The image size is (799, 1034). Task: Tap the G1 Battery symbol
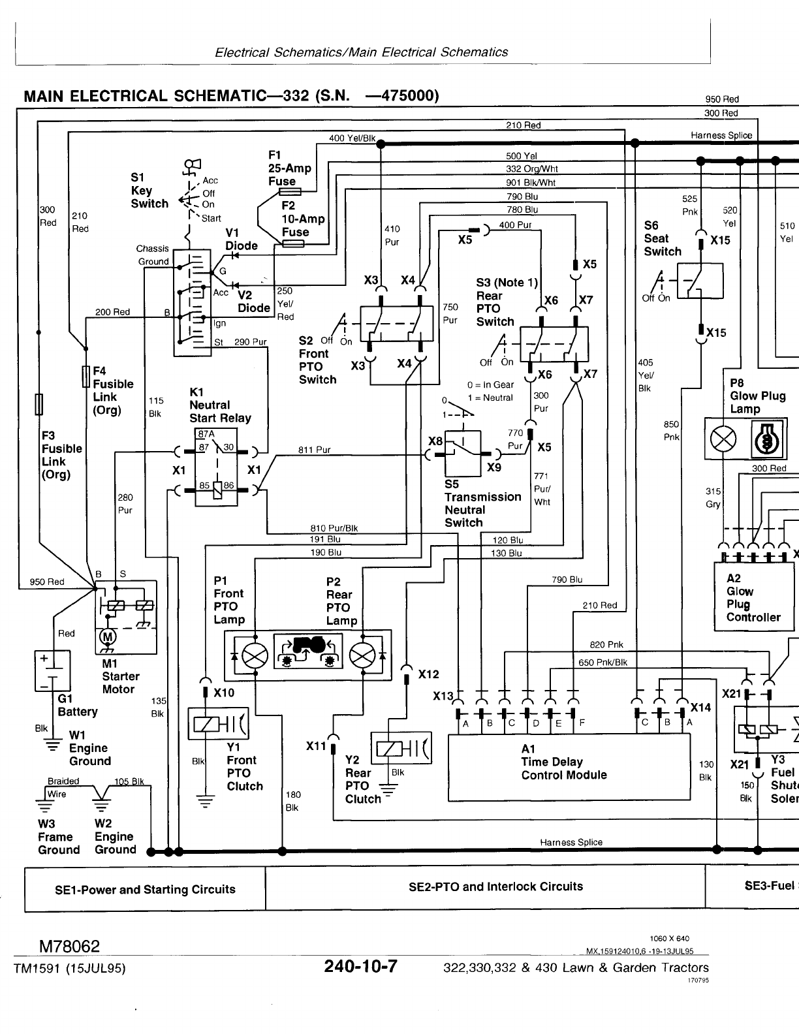click(52, 670)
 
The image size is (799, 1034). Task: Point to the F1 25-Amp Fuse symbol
click(290, 192)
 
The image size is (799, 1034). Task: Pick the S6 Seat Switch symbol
click(700, 281)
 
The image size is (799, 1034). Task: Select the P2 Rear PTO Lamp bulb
click(363, 656)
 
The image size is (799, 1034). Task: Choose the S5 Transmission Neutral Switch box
click(462, 452)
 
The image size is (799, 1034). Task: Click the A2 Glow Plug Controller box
click(754, 597)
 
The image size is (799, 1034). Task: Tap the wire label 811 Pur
click(315, 450)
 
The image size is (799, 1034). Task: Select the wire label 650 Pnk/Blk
click(603, 662)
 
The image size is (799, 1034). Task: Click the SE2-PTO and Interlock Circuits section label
click(495, 886)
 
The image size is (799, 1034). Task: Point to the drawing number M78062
click(69, 946)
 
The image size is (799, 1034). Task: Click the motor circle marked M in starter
click(106, 636)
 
